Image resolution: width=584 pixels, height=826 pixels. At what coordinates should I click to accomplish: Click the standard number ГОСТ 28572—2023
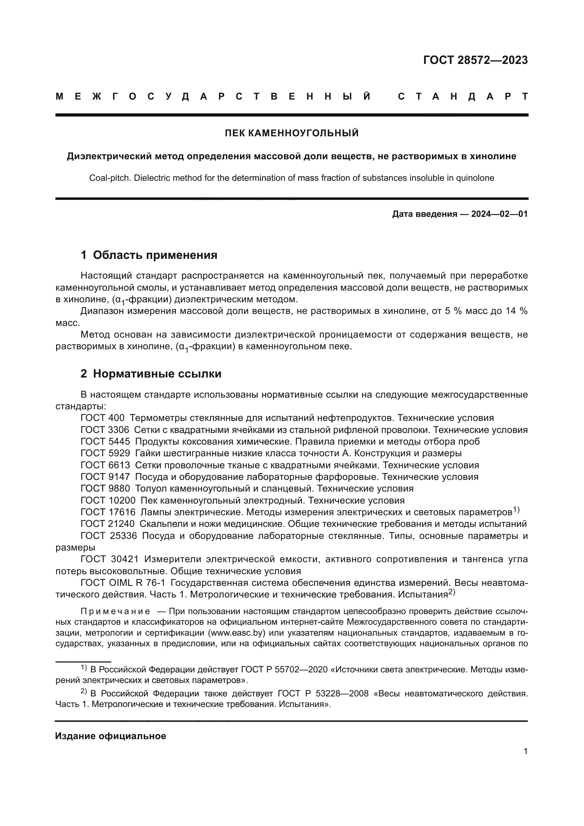tap(475, 60)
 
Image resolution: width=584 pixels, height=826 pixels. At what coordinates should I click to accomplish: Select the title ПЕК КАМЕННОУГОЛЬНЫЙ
tap(292, 133)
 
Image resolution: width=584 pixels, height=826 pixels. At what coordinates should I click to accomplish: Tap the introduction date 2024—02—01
tap(499, 214)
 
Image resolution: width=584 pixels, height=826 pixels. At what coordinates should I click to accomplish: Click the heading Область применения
tap(155, 255)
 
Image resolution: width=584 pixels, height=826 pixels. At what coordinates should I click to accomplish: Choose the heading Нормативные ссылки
tap(157, 374)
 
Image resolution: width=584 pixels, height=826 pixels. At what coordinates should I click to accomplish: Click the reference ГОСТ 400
tap(102, 418)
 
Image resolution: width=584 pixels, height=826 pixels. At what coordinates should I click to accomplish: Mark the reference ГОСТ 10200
tap(108, 500)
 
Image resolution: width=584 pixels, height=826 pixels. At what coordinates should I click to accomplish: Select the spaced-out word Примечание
tap(115, 611)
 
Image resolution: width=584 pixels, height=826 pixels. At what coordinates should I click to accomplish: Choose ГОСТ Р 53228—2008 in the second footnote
tap(323, 693)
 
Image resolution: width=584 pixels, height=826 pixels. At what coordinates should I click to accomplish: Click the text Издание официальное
tap(111, 736)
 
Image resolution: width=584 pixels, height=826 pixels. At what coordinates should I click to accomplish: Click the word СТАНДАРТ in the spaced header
tap(463, 96)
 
